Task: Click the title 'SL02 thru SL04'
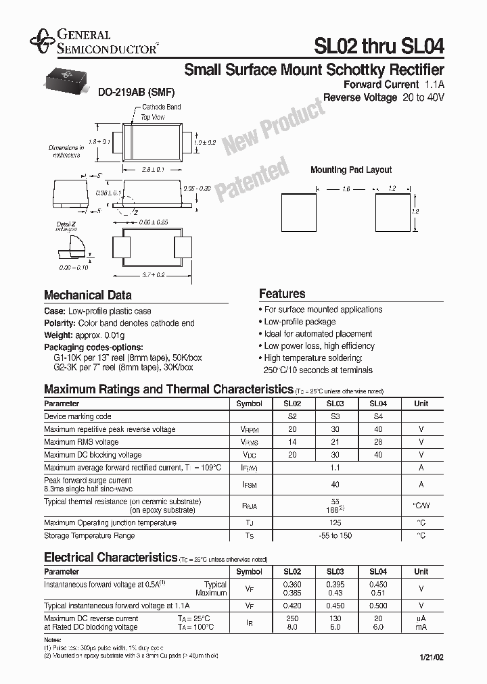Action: (379, 45)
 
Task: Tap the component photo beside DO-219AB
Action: (68, 80)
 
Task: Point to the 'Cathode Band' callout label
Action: (161, 107)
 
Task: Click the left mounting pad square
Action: (299, 211)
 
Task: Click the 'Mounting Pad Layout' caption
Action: (351, 170)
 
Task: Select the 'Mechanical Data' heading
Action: (88, 295)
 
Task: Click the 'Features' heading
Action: (282, 294)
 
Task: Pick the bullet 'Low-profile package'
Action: (300, 322)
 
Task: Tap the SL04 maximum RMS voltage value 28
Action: (378, 442)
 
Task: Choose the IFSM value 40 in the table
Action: (335, 484)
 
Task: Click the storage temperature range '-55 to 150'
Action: (335, 536)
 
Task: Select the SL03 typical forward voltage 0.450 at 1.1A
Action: (335, 606)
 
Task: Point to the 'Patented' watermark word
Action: (252, 179)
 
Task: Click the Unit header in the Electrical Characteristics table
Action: (421, 571)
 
